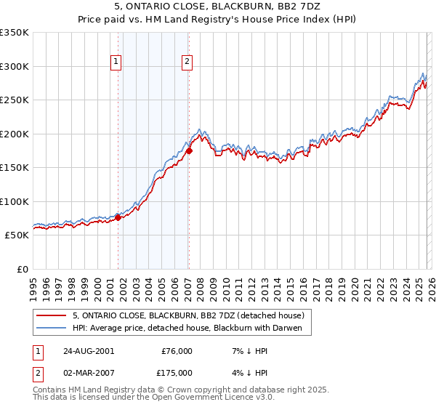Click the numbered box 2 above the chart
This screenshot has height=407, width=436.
(x=187, y=63)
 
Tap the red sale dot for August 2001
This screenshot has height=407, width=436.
(x=118, y=217)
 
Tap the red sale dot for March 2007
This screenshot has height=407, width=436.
(x=189, y=151)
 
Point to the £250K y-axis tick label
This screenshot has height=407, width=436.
(x=15, y=100)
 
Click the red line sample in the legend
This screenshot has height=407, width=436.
(x=52, y=315)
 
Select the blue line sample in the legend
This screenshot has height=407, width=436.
(x=52, y=328)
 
